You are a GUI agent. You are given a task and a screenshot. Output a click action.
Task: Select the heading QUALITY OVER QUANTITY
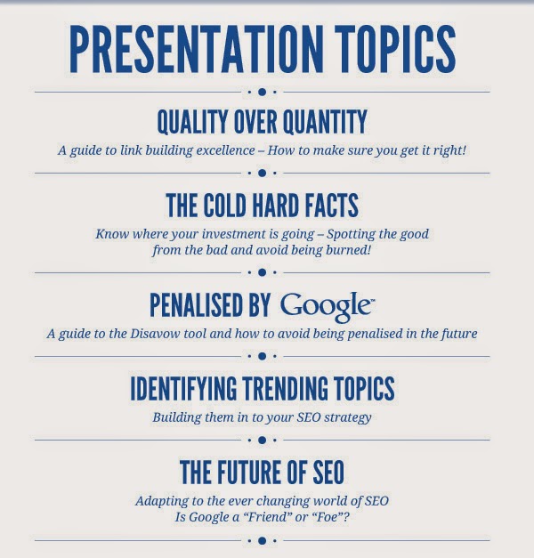coord(262,122)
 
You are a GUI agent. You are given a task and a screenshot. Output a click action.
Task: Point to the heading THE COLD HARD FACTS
coord(262,206)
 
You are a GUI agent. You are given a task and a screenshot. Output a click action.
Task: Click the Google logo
coord(327,306)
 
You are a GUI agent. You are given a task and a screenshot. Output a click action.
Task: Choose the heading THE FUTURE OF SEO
coord(262,471)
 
